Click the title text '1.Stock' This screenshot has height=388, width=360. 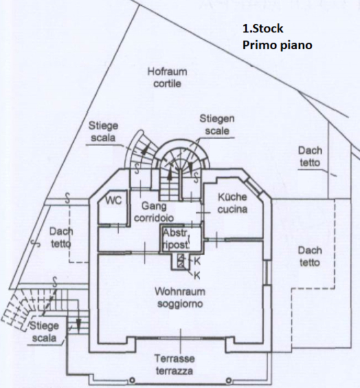pyautogui.click(x=263, y=28)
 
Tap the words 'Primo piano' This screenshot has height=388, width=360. pyautogui.click(x=277, y=45)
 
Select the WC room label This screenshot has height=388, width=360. pyautogui.click(x=114, y=200)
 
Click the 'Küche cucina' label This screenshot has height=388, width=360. pyautogui.click(x=232, y=203)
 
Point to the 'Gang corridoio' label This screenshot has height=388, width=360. pyautogui.click(x=154, y=211)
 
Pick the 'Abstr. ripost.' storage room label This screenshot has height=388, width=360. pyautogui.click(x=176, y=239)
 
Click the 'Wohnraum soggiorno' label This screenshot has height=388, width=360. pyautogui.click(x=180, y=297)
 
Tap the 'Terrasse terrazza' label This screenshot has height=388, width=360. pyautogui.click(x=175, y=365)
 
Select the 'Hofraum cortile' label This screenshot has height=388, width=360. pyautogui.click(x=168, y=78)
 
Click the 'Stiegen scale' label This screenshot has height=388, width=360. pyautogui.click(x=217, y=124)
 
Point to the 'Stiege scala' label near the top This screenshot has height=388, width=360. pyautogui.click(x=104, y=131)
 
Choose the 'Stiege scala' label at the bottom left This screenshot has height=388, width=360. pyautogui.click(x=44, y=332)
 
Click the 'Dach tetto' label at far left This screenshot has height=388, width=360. pyautogui.click(x=62, y=237)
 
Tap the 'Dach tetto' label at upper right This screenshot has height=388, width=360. pyautogui.click(x=310, y=156)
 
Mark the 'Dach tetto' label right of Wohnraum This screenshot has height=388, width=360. pyautogui.click(x=309, y=256)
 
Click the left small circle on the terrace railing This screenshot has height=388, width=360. pyautogui.click(x=132, y=380)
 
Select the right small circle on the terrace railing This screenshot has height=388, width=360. pyautogui.click(x=229, y=380)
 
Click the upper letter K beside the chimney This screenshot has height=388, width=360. pyautogui.click(x=197, y=261)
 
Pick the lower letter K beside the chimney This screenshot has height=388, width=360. pyautogui.click(x=197, y=275)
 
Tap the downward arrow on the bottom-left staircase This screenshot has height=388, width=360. pyautogui.click(x=78, y=326)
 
